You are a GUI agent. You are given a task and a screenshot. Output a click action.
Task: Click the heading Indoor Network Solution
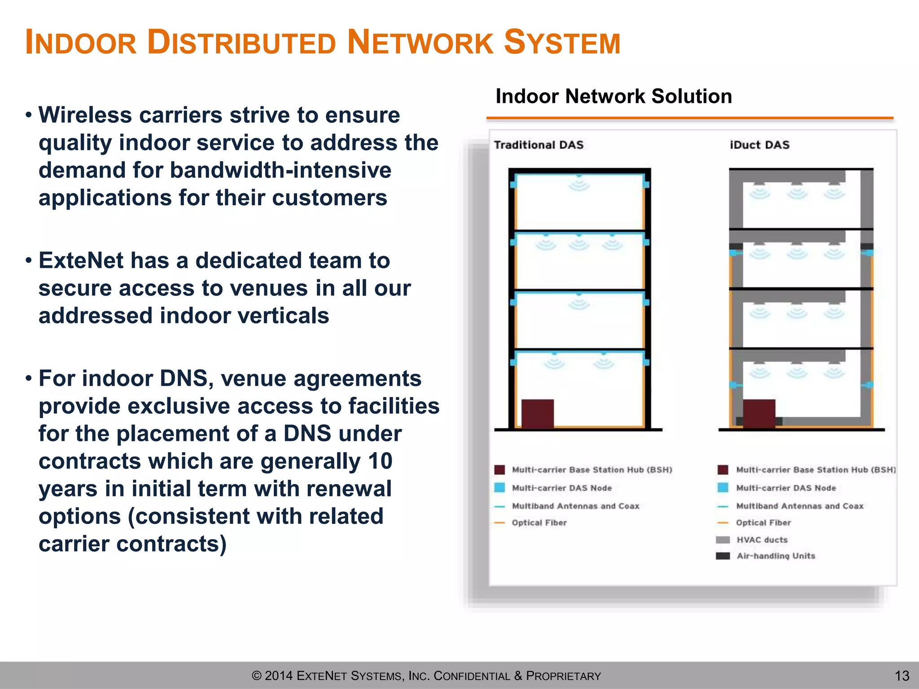point(613,96)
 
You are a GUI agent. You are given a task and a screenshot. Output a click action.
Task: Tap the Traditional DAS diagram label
point(538,145)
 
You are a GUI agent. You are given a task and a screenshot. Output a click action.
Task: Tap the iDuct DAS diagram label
point(759,145)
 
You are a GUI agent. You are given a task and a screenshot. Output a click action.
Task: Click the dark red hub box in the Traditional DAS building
point(537,413)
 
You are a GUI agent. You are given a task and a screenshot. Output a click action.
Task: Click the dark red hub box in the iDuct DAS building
point(759,413)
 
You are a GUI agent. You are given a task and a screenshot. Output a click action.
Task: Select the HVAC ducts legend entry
point(761,540)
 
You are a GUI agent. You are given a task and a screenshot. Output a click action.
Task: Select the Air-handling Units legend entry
point(775,556)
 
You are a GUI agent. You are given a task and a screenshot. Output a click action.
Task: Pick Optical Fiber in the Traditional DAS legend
point(539,523)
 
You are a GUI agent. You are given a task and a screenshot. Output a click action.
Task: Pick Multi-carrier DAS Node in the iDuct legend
point(786,488)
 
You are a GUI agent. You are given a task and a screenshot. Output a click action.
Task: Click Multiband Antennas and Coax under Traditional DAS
point(575,506)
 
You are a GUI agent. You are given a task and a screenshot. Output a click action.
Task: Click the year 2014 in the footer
point(279,676)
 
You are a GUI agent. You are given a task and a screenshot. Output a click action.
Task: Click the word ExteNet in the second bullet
point(81,261)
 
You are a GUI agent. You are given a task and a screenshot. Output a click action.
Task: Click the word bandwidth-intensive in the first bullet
point(280,170)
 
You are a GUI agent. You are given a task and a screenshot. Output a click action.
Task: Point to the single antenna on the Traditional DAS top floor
point(579,184)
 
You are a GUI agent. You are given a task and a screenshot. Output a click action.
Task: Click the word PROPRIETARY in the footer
point(563,676)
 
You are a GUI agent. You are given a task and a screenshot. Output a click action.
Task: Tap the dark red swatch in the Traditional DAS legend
point(499,470)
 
